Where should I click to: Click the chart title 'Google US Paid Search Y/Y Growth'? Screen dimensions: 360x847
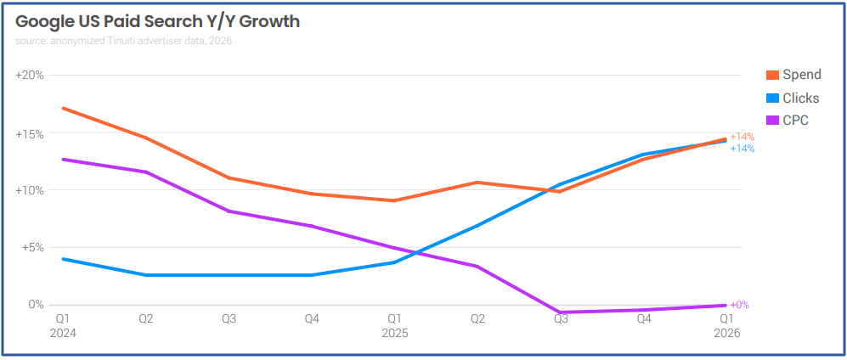[157, 22]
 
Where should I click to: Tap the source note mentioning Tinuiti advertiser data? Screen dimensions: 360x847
[123, 41]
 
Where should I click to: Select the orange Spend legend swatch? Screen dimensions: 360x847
[772, 76]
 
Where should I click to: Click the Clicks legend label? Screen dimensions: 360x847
[800, 98]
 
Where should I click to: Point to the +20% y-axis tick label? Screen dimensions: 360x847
[30, 76]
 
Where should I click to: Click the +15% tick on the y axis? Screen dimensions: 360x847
[30, 133]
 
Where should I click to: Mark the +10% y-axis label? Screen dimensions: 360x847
[30, 190]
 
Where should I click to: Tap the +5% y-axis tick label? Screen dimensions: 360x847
[31, 248]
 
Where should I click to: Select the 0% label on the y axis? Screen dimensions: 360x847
[37, 305]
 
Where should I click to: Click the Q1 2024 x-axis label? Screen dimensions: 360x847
[63, 326]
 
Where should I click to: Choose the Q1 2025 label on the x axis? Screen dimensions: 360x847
[394, 326]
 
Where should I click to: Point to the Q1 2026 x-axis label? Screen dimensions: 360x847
[726, 326]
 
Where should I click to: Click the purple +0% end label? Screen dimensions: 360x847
[739, 305]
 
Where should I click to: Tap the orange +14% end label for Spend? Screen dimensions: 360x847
[742, 137]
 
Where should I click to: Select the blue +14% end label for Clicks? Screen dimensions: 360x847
[742, 149]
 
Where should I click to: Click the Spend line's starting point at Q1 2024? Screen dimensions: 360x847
[64, 109]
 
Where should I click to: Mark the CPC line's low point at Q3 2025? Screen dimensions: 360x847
[561, 312]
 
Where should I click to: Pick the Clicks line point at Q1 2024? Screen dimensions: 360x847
[64, 259]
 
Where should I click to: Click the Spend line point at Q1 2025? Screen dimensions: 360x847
[395, 200]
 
